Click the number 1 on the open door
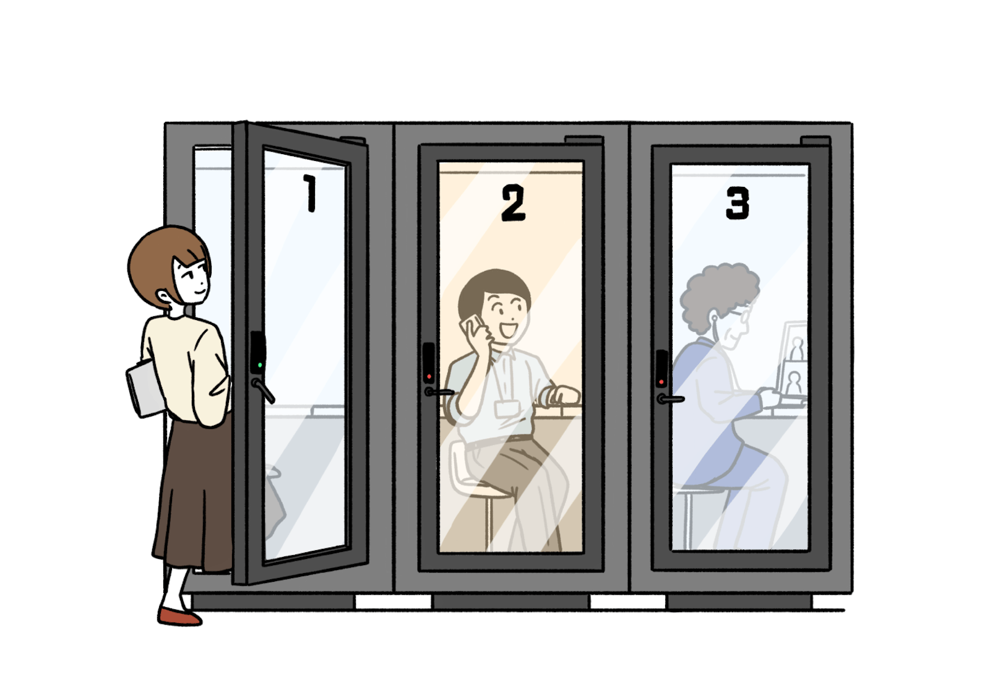[310, 193]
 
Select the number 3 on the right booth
[738, 203]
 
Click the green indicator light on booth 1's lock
[260, 365]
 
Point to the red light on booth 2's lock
[429, 377]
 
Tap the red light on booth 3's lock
[661, 382]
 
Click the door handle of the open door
[264, 391]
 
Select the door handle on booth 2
[439, 392]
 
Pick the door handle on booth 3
[671, 399]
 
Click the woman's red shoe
[179, 616]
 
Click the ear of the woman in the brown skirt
[163, 296]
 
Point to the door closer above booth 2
[584, 140]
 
